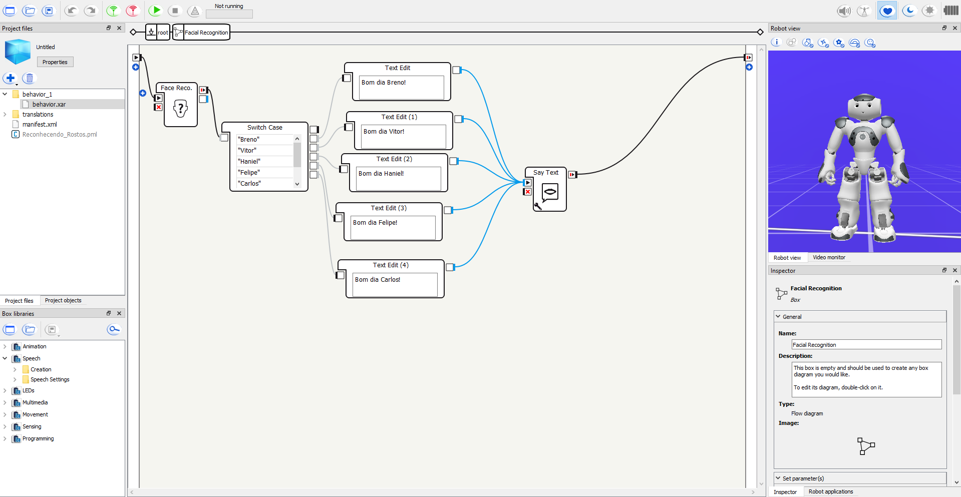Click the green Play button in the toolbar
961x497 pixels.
click(x=155, y=11)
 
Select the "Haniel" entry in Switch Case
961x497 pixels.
click(x=249, y=161)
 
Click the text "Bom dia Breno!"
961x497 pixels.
click(x=384, y=83)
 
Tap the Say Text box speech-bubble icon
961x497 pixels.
click(x=550, y=192)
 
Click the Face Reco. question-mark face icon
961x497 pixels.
click(x=180, y=108)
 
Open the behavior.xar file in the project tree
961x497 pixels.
click(x=49, y=104)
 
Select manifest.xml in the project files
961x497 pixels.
click(x=40, y=124)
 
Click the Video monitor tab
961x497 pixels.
click(x=829, y=257)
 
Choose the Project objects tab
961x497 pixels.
click(x=63, y=300)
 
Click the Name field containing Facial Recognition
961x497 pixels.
click(x=866, y=345)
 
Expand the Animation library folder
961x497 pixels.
click(x=5, y=346)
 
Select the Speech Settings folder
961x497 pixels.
click(x=50, y=379)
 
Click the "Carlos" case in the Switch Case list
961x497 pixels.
click(x=249, y=183)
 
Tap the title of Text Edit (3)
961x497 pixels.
click(x=389, y=208)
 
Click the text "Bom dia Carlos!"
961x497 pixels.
click(x=378, y=280)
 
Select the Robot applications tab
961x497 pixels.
click(x=830, y=491)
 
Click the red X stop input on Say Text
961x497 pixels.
click(x=527, y=192)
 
